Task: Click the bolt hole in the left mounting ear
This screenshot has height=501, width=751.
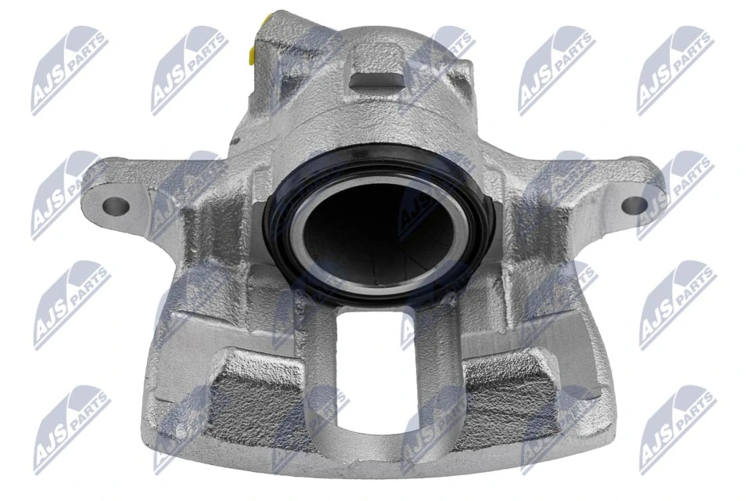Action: pyautogui.click(x=115, y=206)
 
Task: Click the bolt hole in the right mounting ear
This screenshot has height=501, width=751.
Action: pyautogui.click(x=634, y=205)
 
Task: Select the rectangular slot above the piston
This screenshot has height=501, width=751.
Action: pyautogui.click(x=375, y=78)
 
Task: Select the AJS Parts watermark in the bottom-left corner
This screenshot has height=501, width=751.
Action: pyautogui.click(x=70, y=427)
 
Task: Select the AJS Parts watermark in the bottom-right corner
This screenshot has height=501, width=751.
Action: pyautogui.click(x=677, y=427)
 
